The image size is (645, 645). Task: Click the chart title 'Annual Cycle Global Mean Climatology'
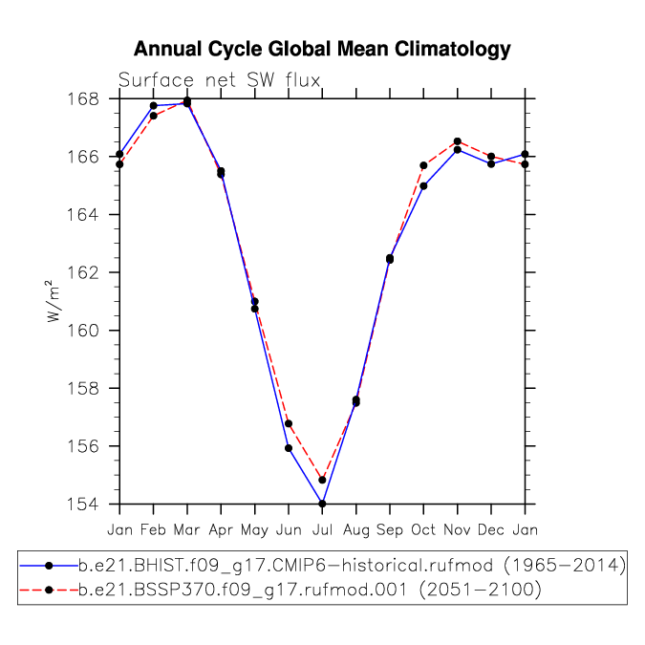[322, 49]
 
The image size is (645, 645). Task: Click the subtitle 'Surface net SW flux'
[219, 80]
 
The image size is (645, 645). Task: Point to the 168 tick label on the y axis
[83, 99]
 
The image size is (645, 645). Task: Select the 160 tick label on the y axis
[83, 331]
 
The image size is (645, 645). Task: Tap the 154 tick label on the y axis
[83, 504]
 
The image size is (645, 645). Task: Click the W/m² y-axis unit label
[53, 301]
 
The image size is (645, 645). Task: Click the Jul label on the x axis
[322, 529]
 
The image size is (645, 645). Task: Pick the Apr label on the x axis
[221, 529]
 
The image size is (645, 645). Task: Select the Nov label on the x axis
[457, 529]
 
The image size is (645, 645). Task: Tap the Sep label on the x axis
[390, 529]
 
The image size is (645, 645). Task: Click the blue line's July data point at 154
[322, 504]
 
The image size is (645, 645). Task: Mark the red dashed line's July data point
[322, 480]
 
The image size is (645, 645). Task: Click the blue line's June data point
[289, 448]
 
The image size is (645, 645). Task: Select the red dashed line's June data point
[289, 423]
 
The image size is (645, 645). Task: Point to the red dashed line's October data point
[423, 165]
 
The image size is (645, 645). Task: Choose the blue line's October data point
[423, 186]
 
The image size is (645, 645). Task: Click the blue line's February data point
[154, 106]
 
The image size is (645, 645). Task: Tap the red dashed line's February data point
[154, 116]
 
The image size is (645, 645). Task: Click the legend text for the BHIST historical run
[352, 566]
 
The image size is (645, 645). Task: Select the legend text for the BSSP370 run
[310, 590]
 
